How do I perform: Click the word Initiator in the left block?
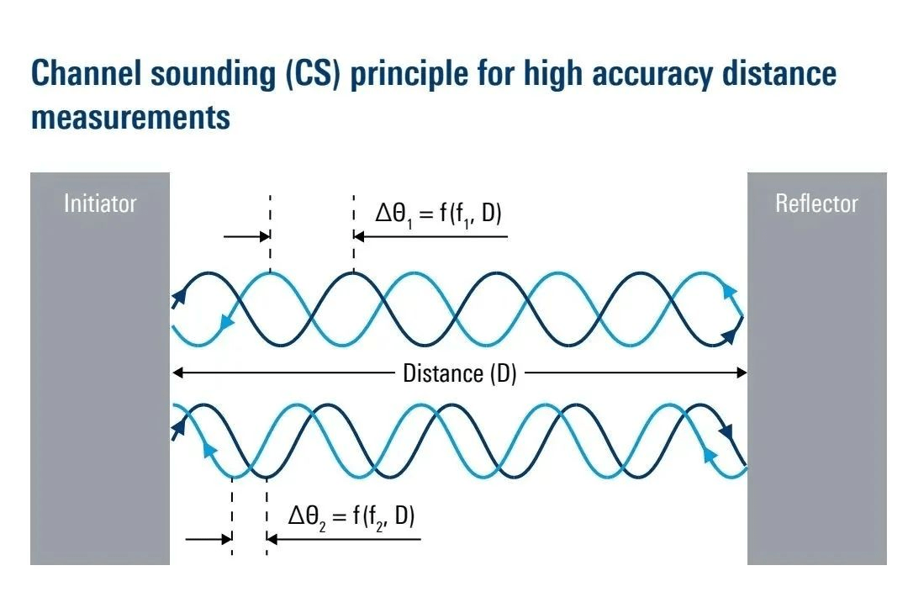pos(100,203)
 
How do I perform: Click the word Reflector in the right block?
pos(816,203)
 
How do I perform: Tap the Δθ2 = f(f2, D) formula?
pos(351,515)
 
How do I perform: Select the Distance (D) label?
pos(459,373)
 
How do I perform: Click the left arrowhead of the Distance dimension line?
pos(176,372)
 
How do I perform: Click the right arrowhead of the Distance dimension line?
pos(742,372)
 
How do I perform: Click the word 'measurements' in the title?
pos(130,117)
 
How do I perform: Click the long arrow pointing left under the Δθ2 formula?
pos(345,539)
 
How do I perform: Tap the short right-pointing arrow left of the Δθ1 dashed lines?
pos(245,237)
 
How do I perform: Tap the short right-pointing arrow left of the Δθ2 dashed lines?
pos(208,539)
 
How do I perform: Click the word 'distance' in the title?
pos(782,74)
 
